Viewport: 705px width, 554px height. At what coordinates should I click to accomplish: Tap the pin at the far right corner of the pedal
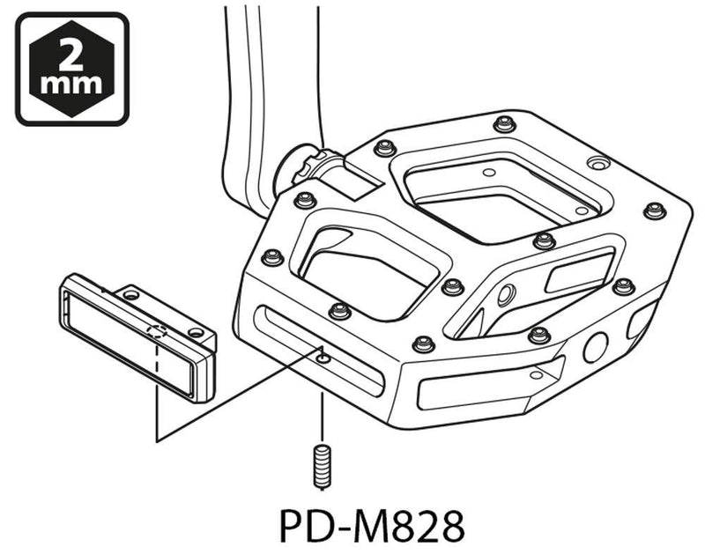[x=653, y=209]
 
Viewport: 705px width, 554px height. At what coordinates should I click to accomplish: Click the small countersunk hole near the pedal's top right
[x=597, y=165]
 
